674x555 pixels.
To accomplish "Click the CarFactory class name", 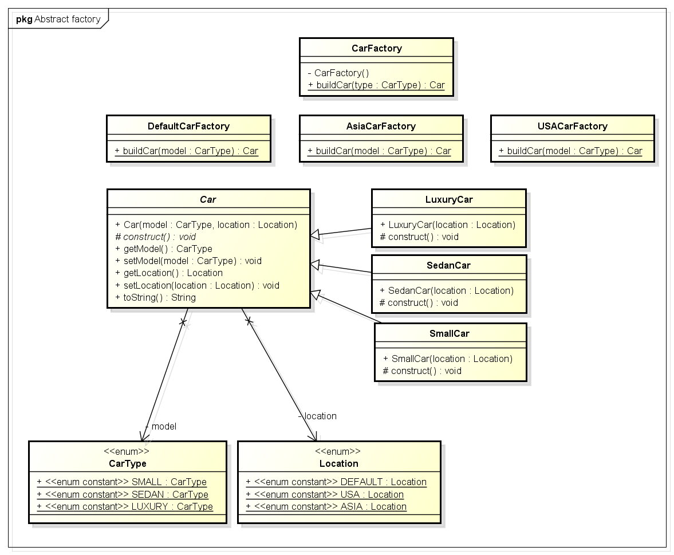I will click(376, 48).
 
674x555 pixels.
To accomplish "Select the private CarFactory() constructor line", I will click(338, 73).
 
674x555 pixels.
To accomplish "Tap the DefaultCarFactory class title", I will click(188, 126).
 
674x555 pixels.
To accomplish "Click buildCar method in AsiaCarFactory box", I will click(379, 151).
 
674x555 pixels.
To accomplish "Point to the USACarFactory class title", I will click(572, 126).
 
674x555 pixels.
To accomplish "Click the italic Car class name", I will click(208, 199).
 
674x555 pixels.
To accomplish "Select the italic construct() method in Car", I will click(156, 237).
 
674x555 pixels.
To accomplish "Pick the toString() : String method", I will click(155, 297).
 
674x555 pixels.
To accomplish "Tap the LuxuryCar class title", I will click(448, 199).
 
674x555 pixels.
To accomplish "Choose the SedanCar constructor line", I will click(447, 290).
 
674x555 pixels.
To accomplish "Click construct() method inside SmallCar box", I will click(421, 371).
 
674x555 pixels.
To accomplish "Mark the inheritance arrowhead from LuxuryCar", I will click(316, 235).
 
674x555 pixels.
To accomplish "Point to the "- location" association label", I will click(317, 416).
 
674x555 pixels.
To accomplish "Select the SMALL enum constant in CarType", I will click(121, 482).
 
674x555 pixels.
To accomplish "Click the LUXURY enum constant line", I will click(124, 506).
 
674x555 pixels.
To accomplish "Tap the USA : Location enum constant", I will click(325, 494).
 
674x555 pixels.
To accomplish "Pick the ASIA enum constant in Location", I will click(326, 506).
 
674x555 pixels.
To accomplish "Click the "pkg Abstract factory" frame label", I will click(58, 19).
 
